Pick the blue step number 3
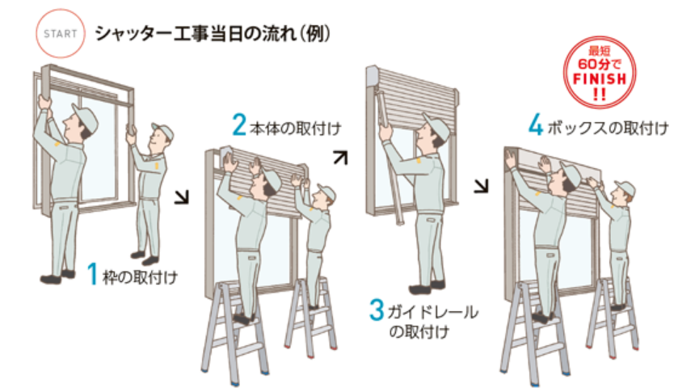coord(377,310)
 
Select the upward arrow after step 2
coord(340,156)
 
